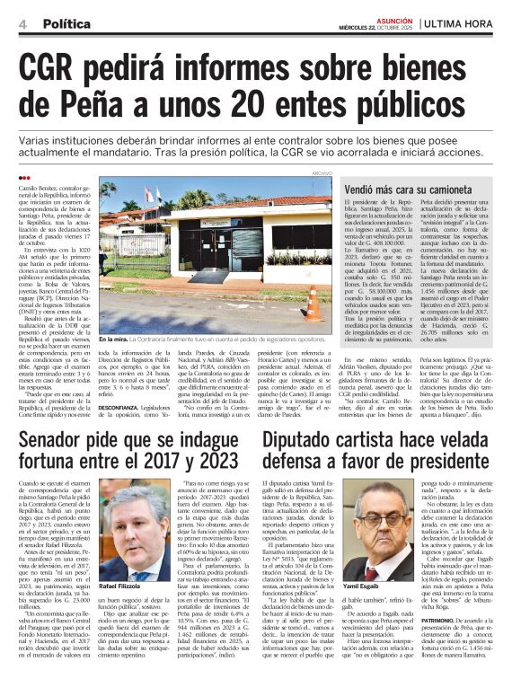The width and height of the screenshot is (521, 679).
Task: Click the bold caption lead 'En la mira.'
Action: pyautogui.click(x=114, y=339)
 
